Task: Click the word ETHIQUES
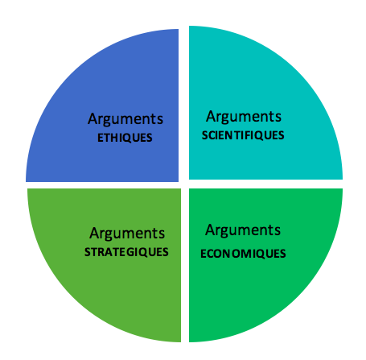point(125,138)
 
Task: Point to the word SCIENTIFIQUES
point(243,135)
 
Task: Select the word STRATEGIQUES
point(126,252)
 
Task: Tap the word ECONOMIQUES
point(243,254)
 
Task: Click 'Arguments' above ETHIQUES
point(125,119)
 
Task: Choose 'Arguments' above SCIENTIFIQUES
point(244,117)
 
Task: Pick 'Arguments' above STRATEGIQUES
point(127,234)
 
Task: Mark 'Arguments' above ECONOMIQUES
point(243,230)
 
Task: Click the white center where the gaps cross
point(184,184)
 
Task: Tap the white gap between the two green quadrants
point(185,265)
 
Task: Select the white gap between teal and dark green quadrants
point(265,184)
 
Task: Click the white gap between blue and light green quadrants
point(103,185)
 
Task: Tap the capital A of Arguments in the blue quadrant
point(93,118)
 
